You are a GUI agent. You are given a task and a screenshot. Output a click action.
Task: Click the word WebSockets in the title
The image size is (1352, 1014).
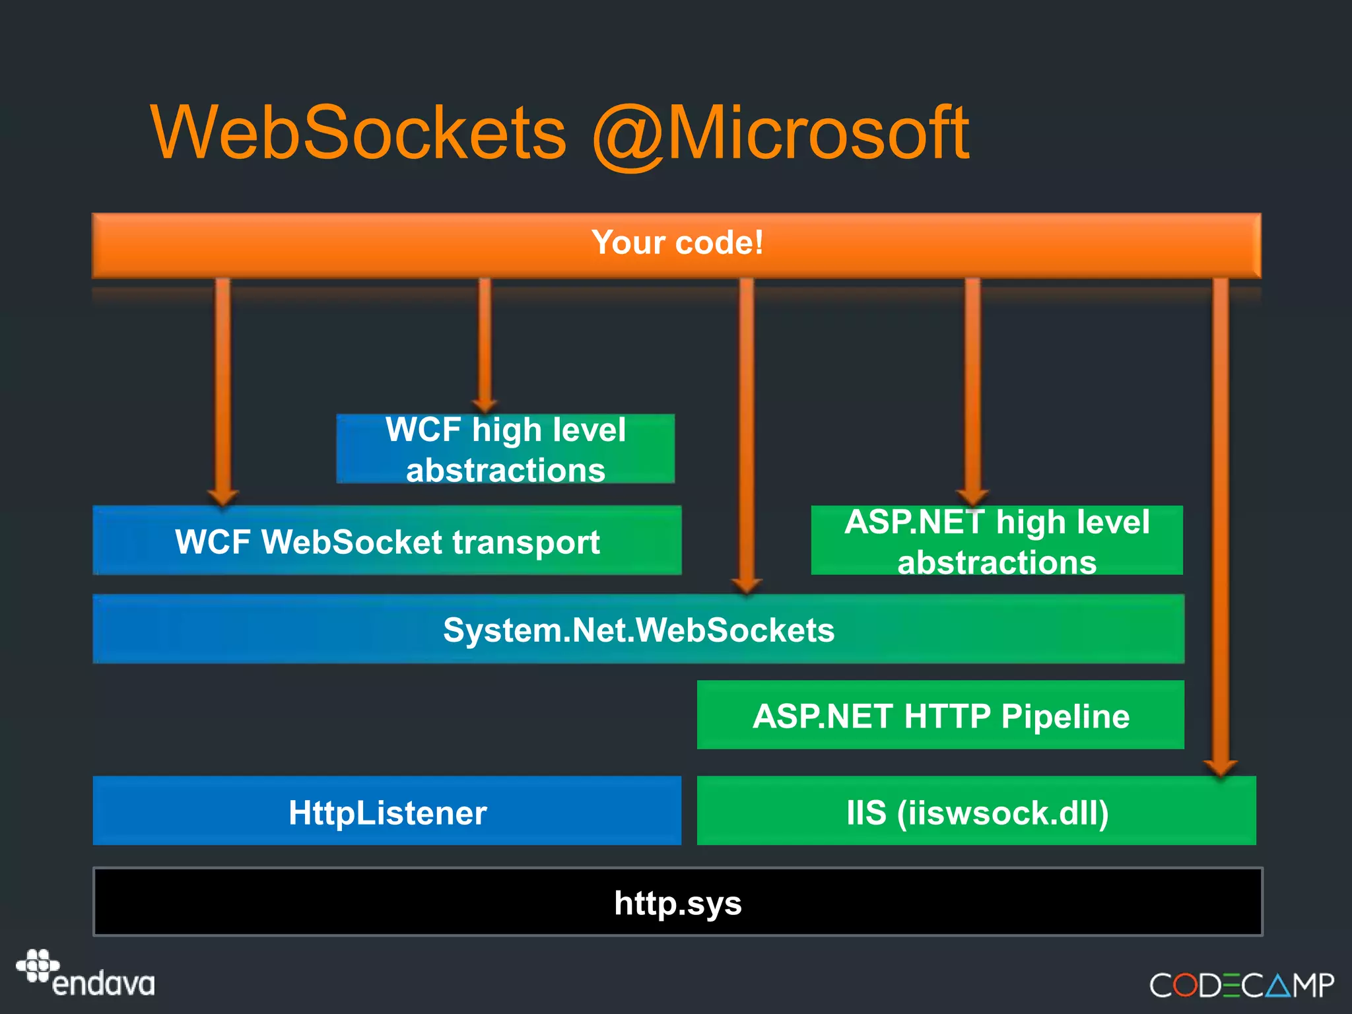pyautogui.click(x=358, y=133)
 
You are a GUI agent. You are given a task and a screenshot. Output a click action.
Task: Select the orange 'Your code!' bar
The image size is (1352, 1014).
pyautogui.click(x=676, y=244)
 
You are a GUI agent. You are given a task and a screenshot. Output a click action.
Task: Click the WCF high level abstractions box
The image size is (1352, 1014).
pyautogui.click(x=505, y=449)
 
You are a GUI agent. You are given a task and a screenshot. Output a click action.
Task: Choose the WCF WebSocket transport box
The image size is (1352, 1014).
pyautogui.click(x=387, y=541)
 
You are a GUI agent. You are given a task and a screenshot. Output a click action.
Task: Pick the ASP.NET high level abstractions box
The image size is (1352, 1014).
pyautogui.click(x=996, y=541)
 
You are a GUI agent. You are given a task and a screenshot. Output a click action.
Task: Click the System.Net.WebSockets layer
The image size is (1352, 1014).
pyautogui.click(x=638, y=629)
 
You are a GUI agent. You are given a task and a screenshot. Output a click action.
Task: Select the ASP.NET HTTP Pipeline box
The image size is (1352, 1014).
pyautogui.click(x=940, y=716)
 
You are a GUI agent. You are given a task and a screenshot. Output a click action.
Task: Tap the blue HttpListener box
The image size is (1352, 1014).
pyautogui.click(x=387, y=811)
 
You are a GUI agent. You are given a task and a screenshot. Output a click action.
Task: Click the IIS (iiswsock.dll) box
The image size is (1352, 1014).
pyautogui.click(x=976, y=811)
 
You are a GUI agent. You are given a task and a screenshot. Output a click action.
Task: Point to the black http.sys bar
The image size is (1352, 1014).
pyautogui.click(x=677, y=902)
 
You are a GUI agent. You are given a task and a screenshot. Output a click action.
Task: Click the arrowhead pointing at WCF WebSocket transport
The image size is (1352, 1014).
pyautogui.click(x=222, y=496)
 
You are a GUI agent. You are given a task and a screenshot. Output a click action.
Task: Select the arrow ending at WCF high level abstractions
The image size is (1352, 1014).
pyautogui.click(x=485, y=343)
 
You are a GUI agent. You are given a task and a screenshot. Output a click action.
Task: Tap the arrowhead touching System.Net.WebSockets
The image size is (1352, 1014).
pyautogui.click(x=747, y=585)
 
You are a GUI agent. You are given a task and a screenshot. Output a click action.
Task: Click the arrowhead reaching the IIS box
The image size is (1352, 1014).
pyautogui.click(x=1220, y=767)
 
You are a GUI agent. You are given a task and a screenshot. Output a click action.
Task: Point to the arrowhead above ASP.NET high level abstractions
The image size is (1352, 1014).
pyautogui.click(x=972, y=496)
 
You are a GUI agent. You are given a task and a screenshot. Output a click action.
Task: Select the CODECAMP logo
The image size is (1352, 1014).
pyautogui.click(x=1241, y=986)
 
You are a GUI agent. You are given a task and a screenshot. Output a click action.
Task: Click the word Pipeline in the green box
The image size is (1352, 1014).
pyautogui.click(x=1065, y=716)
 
